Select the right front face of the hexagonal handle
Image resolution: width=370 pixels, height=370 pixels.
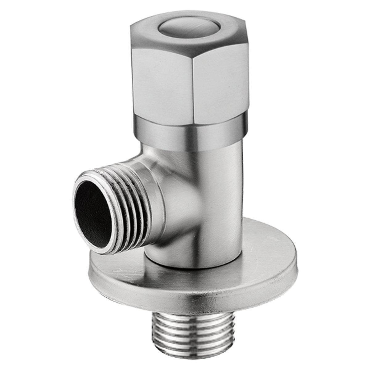(220, 80)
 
